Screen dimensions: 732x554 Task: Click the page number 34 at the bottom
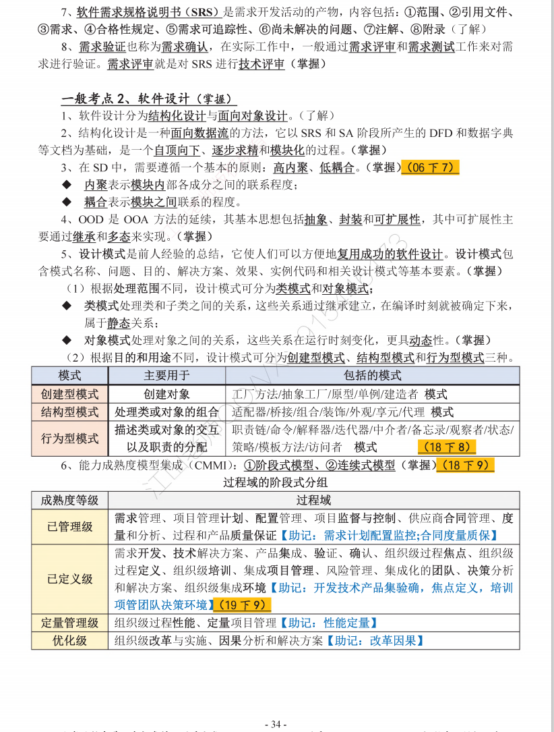[x=276, y=724]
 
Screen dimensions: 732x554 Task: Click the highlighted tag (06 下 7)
[x=429, y=167]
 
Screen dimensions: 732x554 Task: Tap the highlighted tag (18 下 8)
[x=446, y=447]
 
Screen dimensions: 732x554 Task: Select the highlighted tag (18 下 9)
[x=465, y=465]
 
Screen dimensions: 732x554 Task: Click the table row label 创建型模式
[x=70, y=394]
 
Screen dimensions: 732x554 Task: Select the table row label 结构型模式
[x=70, y=412]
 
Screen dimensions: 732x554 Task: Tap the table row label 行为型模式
[x=70, y=438]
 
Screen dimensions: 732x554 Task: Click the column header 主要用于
[x=166, y=375]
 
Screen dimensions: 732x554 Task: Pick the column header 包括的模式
[x=372, y=375]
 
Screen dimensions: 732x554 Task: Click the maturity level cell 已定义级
[x=70, y=579]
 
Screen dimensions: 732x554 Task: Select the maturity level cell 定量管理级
[x=70, y=623]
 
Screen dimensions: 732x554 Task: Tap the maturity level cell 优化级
[x=70, y=640]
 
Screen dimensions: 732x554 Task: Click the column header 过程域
[x=313, y=500]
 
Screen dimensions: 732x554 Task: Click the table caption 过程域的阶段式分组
[x=276, y=482]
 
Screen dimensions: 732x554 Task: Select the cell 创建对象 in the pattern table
[x=166, y=394]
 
